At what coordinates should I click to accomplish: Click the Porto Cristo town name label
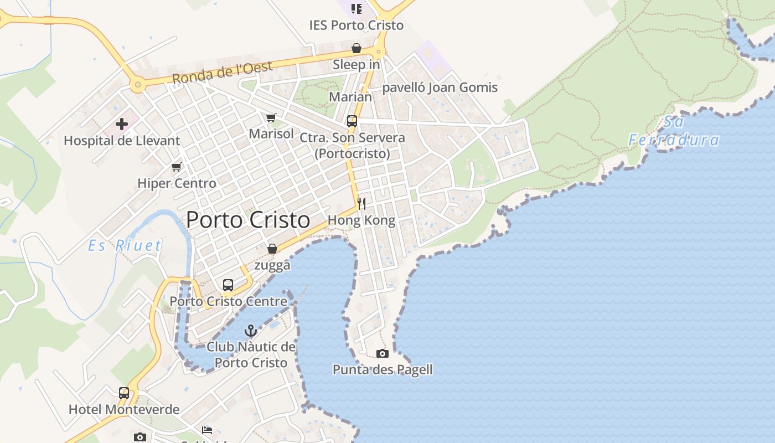pos(248,220)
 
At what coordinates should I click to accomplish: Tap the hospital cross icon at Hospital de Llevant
pos(122,123)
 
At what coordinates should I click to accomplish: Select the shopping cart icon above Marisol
pos(271,117)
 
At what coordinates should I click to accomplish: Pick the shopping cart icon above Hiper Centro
pos(176,167)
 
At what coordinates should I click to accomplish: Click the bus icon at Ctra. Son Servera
pos(352,121)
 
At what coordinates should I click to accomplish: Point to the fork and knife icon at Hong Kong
pos(361,203)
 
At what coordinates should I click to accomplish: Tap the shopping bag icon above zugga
pos(272,249)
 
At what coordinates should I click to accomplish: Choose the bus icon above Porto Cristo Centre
pos(228,285)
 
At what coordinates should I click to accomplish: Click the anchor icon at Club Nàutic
pos(251,331)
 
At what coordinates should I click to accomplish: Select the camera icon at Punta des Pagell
pos(382,353)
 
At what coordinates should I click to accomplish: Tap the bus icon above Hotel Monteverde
pos(123,393)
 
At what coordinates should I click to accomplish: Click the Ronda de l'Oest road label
pos(223,73)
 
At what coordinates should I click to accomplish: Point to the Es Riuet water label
pos(125,245)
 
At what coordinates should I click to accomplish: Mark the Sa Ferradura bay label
pos(674,131)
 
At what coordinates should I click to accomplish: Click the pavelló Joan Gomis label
pos(440,87)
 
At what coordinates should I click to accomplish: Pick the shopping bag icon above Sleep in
pos(356,49)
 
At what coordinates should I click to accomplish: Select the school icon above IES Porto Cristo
pos(356,9)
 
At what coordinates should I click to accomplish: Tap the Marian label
pos(350,97)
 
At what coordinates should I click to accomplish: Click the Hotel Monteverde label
pos(124,410)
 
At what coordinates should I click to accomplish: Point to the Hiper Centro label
pos(177,183)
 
